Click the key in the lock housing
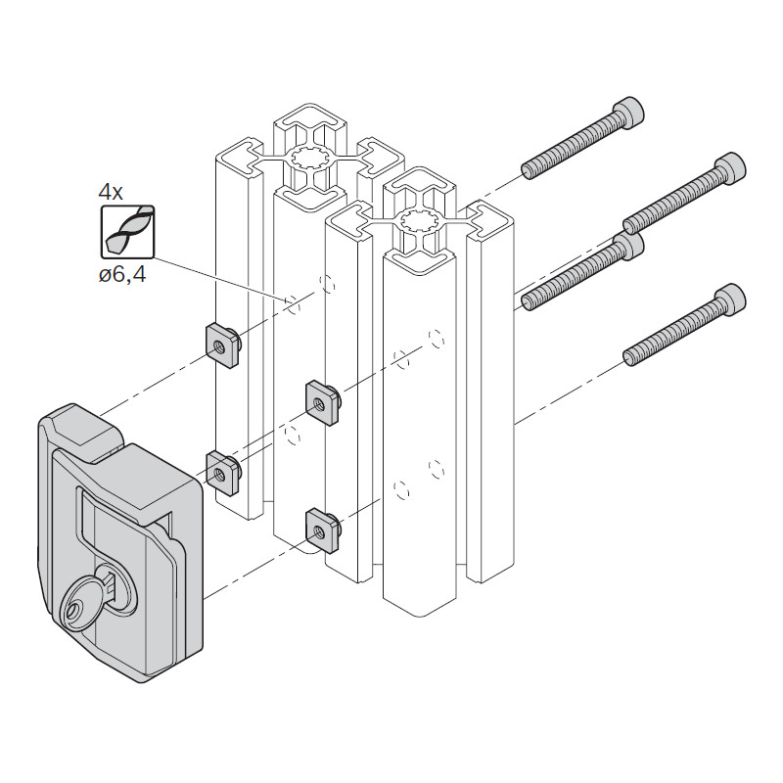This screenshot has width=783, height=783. point(87,602)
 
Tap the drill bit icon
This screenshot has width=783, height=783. point(128,232)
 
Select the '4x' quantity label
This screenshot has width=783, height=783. point(111,192)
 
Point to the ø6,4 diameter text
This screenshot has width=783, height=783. point(122,274)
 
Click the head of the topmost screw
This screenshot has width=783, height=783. point(628,113)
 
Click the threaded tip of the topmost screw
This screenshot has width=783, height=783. point(530,169)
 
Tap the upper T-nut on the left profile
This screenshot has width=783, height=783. point(223,345)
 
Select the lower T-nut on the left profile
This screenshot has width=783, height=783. point(223,473)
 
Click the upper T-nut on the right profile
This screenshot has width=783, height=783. point(324,402)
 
